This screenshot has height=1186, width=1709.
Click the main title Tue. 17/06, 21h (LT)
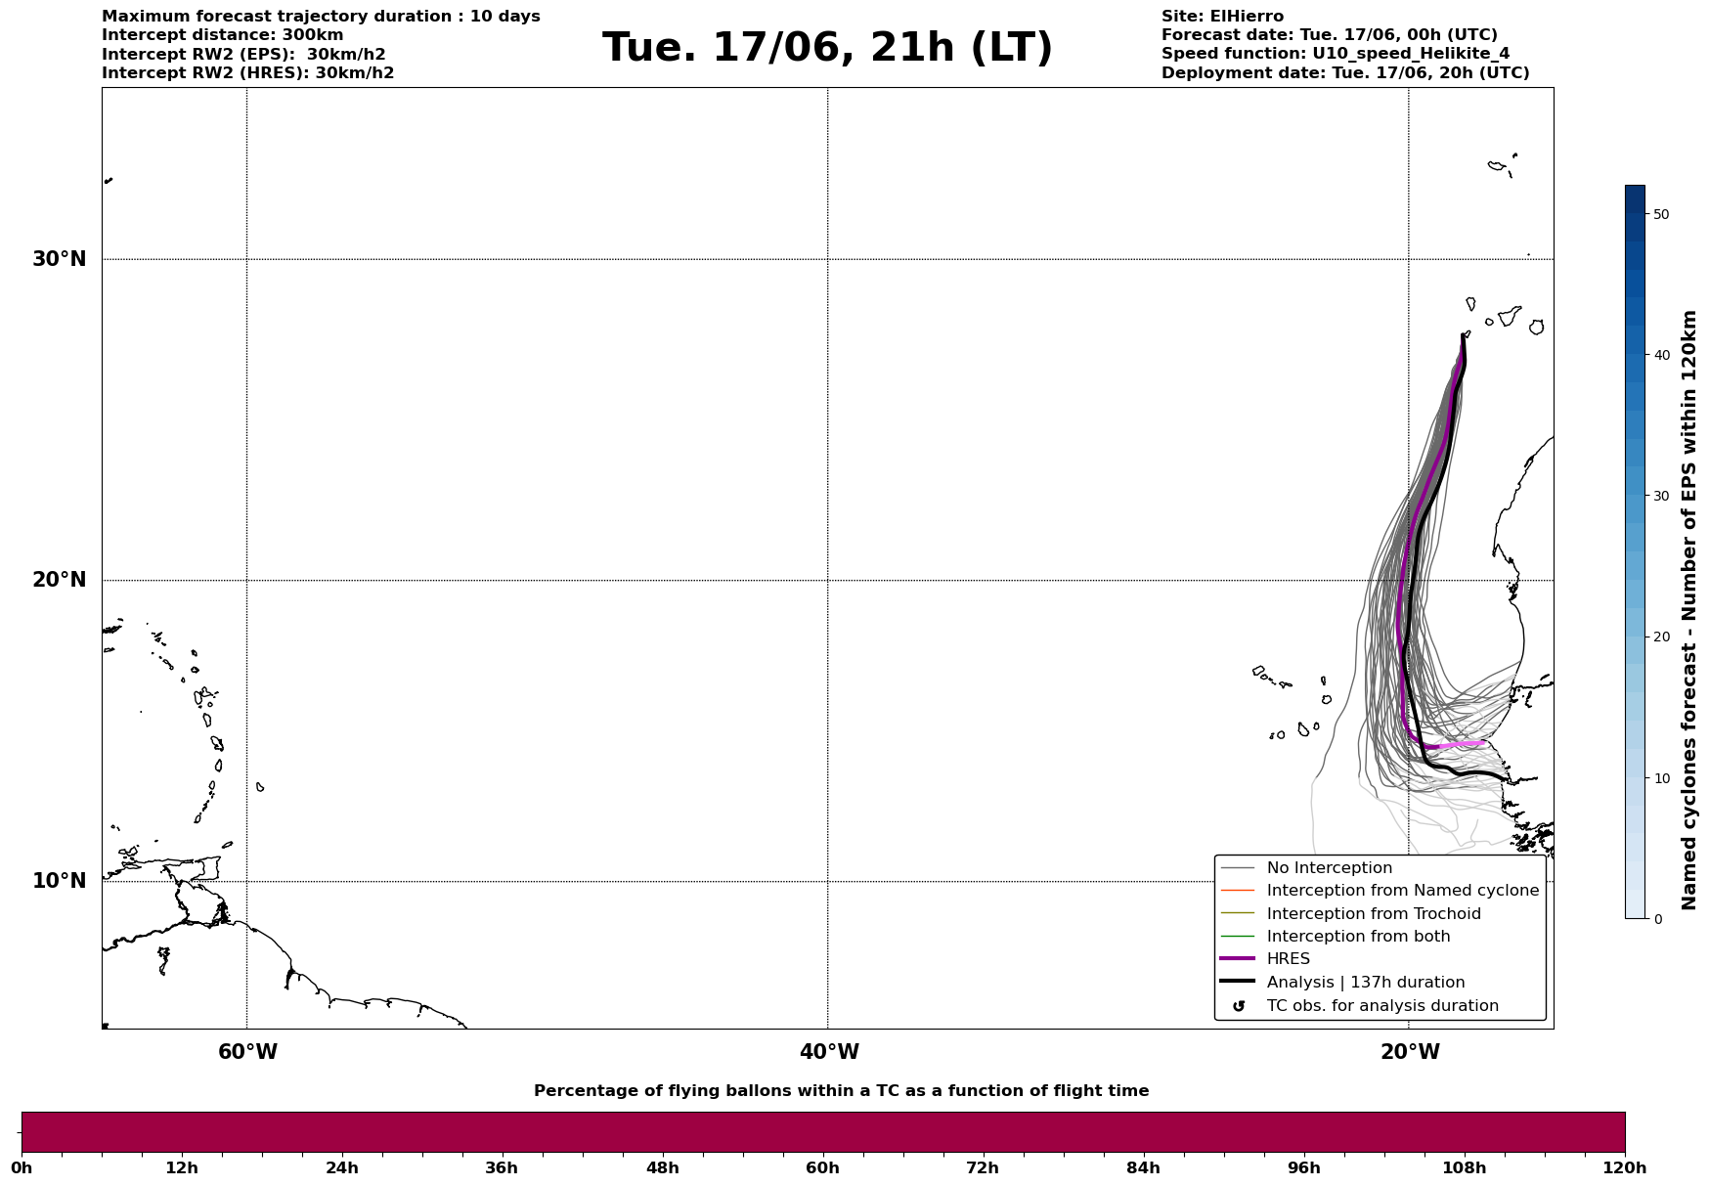(x=827, y=48)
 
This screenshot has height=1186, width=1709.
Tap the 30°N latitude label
(x=60, y=259)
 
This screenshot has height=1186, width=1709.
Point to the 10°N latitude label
(x=60, y=881)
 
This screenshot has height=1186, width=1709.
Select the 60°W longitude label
(x=247, y=1052)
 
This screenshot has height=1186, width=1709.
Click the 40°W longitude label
(x=829, y=1052)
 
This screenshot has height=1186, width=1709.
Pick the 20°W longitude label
(x=1410, y=1052)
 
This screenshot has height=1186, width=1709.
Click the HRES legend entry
(x=1288, y=959)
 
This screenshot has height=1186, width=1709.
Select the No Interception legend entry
(x=1329, y=868)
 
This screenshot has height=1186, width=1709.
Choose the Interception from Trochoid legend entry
(x=1373, y=914)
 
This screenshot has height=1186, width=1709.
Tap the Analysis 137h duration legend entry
(x=1365, y=983)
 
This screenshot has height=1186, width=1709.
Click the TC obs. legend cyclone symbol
(x=1239, y=1006)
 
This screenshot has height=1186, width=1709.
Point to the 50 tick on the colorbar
(x=1660, y=214)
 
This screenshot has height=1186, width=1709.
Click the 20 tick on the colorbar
(x=1660, y=637)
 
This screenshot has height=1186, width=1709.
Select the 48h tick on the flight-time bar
(x=662, y=1167)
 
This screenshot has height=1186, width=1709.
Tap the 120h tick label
(x=1625, y=1167)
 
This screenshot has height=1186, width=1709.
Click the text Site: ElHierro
(x=1222, y=17)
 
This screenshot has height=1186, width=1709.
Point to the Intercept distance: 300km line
(x=222, y=35)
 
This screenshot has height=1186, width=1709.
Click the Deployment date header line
(x=1345, y=73)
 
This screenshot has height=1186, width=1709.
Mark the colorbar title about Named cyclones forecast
(x=1689, y=610)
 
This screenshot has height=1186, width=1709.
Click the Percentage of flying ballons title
(x=841, y=1091)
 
